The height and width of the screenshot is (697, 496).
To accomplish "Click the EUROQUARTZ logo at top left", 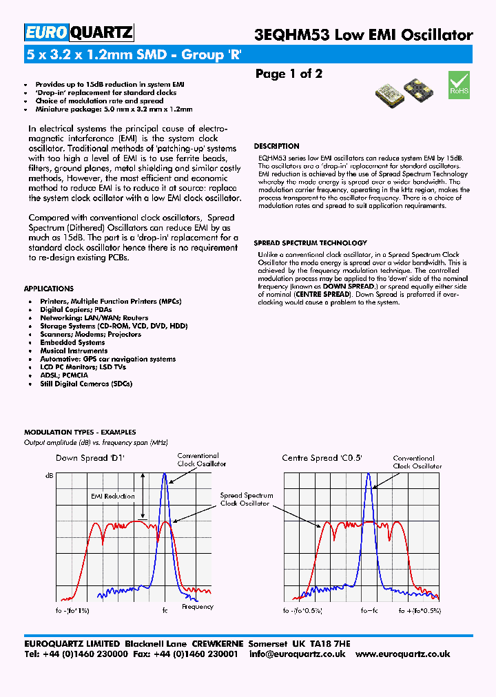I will pyautogui.click(x=79, y=32).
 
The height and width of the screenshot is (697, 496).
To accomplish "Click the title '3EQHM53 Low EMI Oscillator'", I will pyautogui.click(x=364, y=35).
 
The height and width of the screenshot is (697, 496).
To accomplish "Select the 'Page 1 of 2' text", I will pyautogui.click(x=289, y=74).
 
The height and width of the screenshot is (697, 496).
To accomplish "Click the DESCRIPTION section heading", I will pyautogui.click(x=276, y=146).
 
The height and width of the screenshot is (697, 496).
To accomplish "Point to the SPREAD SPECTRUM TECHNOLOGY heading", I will pyautogui.click(x=310, y=243).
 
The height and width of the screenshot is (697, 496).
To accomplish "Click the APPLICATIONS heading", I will pyautogui.click(x=48, y=289).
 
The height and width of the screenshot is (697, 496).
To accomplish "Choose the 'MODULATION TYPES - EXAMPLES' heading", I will pyautogui.click(x=80, y=433).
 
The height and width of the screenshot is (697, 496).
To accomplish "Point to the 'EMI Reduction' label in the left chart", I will pyautogui.click(x=112, y=495).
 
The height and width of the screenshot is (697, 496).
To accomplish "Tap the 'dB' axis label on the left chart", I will pyautogui.click(x=49, y=476).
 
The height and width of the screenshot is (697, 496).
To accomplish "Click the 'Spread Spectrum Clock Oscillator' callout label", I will pyautogui.click(x=246, y=499).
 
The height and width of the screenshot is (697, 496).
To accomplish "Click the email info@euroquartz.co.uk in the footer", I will pyautogui.click(x=297, y=654).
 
